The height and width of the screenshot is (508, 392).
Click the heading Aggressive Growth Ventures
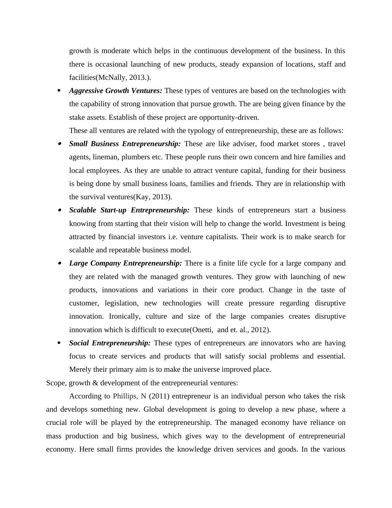point(116,91)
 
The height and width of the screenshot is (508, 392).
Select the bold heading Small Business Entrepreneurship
point(125,144)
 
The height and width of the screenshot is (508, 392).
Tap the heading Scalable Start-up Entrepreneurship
point(129,210)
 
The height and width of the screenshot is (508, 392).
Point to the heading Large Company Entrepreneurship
point(126,263)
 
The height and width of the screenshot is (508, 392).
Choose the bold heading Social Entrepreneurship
point(110,343)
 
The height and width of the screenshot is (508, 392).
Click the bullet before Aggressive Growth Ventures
point(59,91)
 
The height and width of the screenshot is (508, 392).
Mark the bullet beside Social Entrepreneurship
point(59,343)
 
